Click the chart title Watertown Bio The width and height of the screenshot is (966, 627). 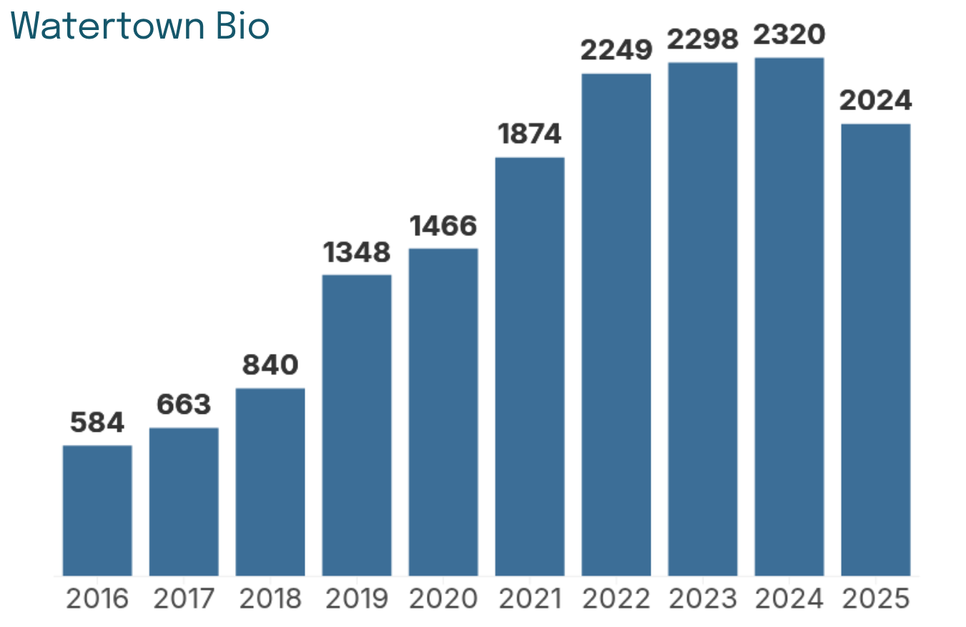[139, 26]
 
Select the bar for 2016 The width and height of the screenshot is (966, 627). [97, 510]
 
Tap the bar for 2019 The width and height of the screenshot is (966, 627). [357, 425]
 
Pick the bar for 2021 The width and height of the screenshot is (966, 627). [530, 367]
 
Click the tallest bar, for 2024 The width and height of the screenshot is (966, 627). [789, 317]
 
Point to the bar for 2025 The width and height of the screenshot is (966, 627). [876, 350]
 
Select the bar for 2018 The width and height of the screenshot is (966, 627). [270, 482]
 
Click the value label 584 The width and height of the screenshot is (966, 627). [97, 422]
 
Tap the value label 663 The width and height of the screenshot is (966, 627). [184, 405]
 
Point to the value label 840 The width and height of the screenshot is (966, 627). [270, 365]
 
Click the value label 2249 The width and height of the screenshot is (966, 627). [616, 50]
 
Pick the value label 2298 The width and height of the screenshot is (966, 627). [703, 39]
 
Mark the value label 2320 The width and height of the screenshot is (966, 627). [789, 34]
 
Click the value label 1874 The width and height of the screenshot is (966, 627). [530, 134]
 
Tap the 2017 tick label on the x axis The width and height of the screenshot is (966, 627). [184, 598]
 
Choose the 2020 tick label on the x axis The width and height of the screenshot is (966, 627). [443, 598]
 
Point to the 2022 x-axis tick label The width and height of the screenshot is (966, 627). [616, 598]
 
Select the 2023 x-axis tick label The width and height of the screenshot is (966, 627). [703, 598]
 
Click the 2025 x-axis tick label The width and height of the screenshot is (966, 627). [876, 598]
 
